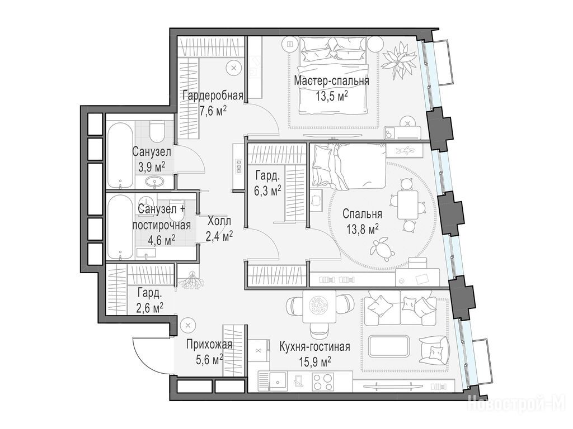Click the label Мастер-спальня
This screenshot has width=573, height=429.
click(x=331, y=80)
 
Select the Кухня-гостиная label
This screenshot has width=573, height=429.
click(x=314, y=346)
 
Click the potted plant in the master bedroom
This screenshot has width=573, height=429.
click(x=398, y=58)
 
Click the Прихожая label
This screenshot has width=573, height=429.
click(x=209, y=345)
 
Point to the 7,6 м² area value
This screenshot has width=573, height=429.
click(x=213, y=110)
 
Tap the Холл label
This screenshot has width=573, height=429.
click(x=219, y=221)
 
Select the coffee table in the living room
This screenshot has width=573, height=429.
click(x=390, y=346)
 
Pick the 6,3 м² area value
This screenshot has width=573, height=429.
click(x=268, y=190)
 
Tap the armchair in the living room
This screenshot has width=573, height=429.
click(x=434, y=350)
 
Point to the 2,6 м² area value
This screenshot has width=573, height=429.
click(x=150, y=308)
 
